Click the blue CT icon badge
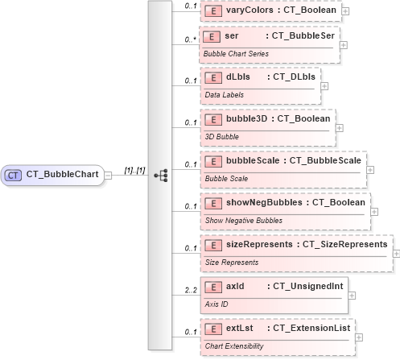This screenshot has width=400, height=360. pos(14,174)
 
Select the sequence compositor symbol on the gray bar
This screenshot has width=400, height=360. pos(159,174)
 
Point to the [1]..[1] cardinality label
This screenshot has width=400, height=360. pos(134,170)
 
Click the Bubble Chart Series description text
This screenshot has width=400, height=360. pos(236,53)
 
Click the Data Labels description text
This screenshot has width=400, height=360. pos(223,95)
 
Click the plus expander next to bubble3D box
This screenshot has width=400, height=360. pos(339,127)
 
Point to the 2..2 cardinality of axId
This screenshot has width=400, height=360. pos(190,289)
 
